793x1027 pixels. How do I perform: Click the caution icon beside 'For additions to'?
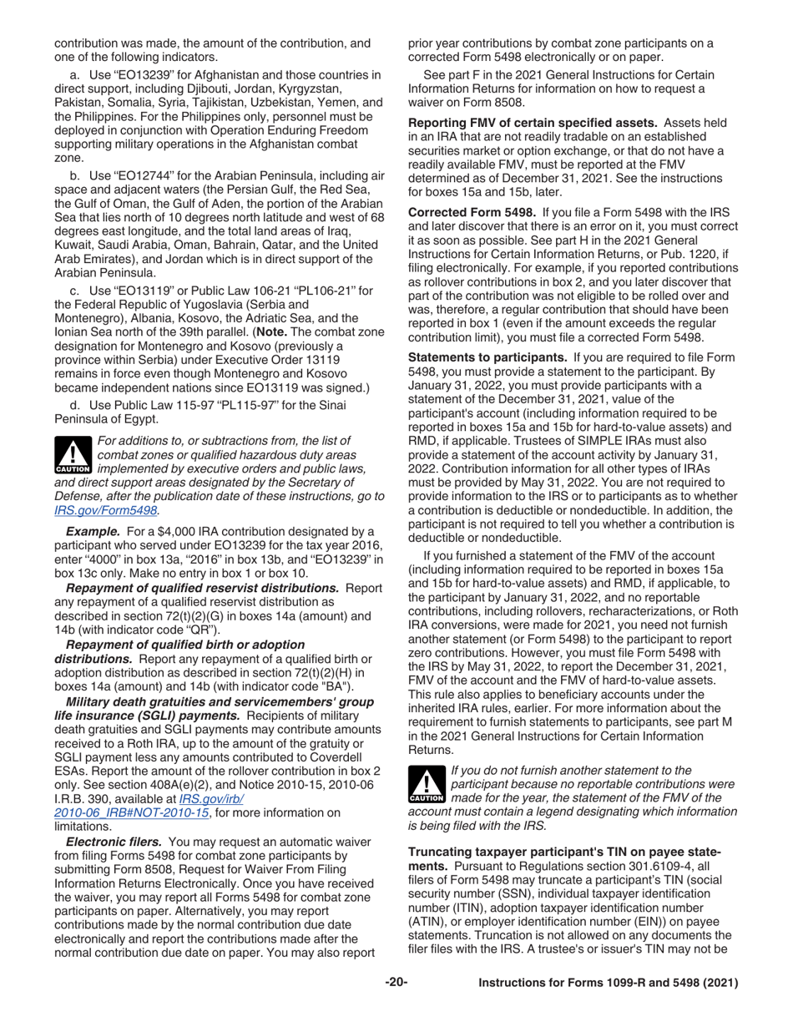(73, 455)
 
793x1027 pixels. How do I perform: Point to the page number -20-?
(396, 983)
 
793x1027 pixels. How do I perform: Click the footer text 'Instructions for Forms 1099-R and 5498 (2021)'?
(608, 984)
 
